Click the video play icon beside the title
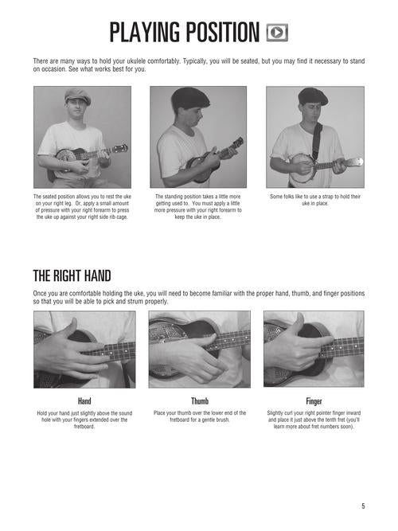277,33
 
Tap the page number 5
363,506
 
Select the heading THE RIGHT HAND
72,276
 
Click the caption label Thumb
200,401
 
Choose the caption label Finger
314,401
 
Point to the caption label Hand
84,401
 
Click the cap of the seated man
78,96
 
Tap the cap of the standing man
190,98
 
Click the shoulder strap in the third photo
316,141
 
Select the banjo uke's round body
302,168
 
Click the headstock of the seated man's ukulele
120,148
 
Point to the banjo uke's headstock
353,162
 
